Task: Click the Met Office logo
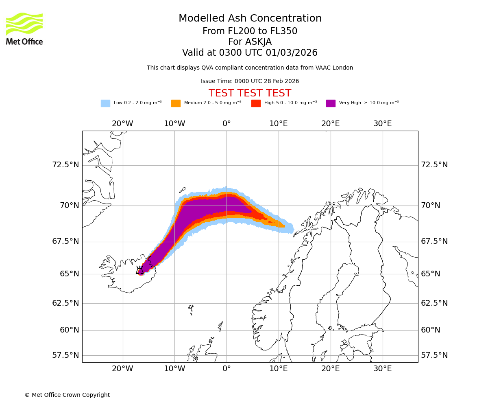click(x=24, y=28)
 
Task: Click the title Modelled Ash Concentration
click(x=250, y=19)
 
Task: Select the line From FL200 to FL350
click(x=250, y=31)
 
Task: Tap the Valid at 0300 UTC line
click(x=250, y=53)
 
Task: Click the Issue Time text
click(x=250, y=81)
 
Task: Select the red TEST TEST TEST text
click(x=250, y=94)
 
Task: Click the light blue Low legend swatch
click(x=105, y=103)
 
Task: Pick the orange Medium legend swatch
click(x=176, y=103)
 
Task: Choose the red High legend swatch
click(x=256, y=103)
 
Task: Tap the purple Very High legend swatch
click(x=331, y=103)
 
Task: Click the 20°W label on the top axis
click(x=122, y=124)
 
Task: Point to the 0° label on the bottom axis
click(x=227, y=369)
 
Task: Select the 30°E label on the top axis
click(x=382, y=124)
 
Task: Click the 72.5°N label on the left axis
click(x=65, y=165)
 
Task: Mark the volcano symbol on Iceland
click(x=140, y=270)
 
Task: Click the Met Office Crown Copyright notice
click(x=67, y=395)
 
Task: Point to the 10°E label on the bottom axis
click(x=279, y=369)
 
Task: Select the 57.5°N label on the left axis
click(x=65, y=355)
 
